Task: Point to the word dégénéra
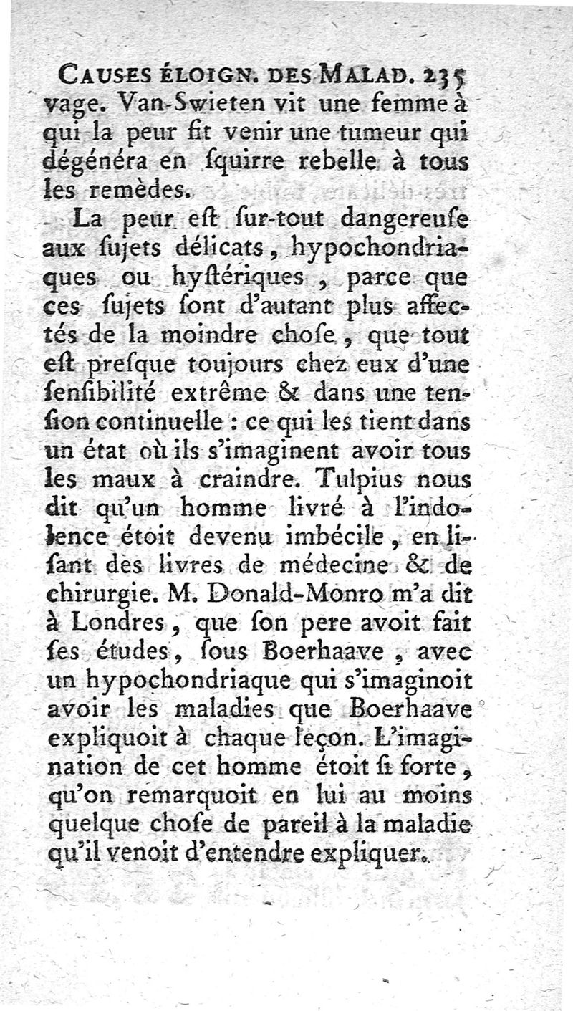[87, 162]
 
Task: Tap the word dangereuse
[403, 219]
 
